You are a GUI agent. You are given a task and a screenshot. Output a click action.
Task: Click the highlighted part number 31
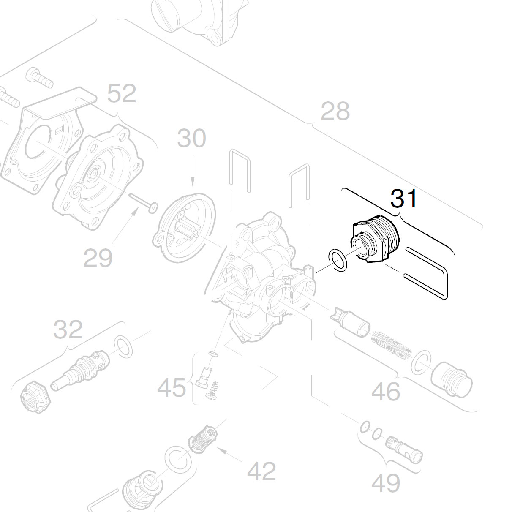tap(404, 199)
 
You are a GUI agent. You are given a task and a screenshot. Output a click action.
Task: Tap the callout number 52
tap(122, 94)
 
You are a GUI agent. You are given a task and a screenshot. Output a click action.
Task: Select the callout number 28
tap(335, 112)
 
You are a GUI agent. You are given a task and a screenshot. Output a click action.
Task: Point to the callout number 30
tap(191, 139)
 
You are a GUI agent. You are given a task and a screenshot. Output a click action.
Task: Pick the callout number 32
tap(68, 330)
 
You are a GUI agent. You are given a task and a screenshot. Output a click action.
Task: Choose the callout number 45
tap(172, 387)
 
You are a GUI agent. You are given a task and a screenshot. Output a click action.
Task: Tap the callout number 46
tap(386, 392)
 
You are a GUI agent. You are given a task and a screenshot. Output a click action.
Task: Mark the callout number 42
tap(261, 471)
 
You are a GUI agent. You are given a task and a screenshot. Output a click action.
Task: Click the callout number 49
tap(386, 483)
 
